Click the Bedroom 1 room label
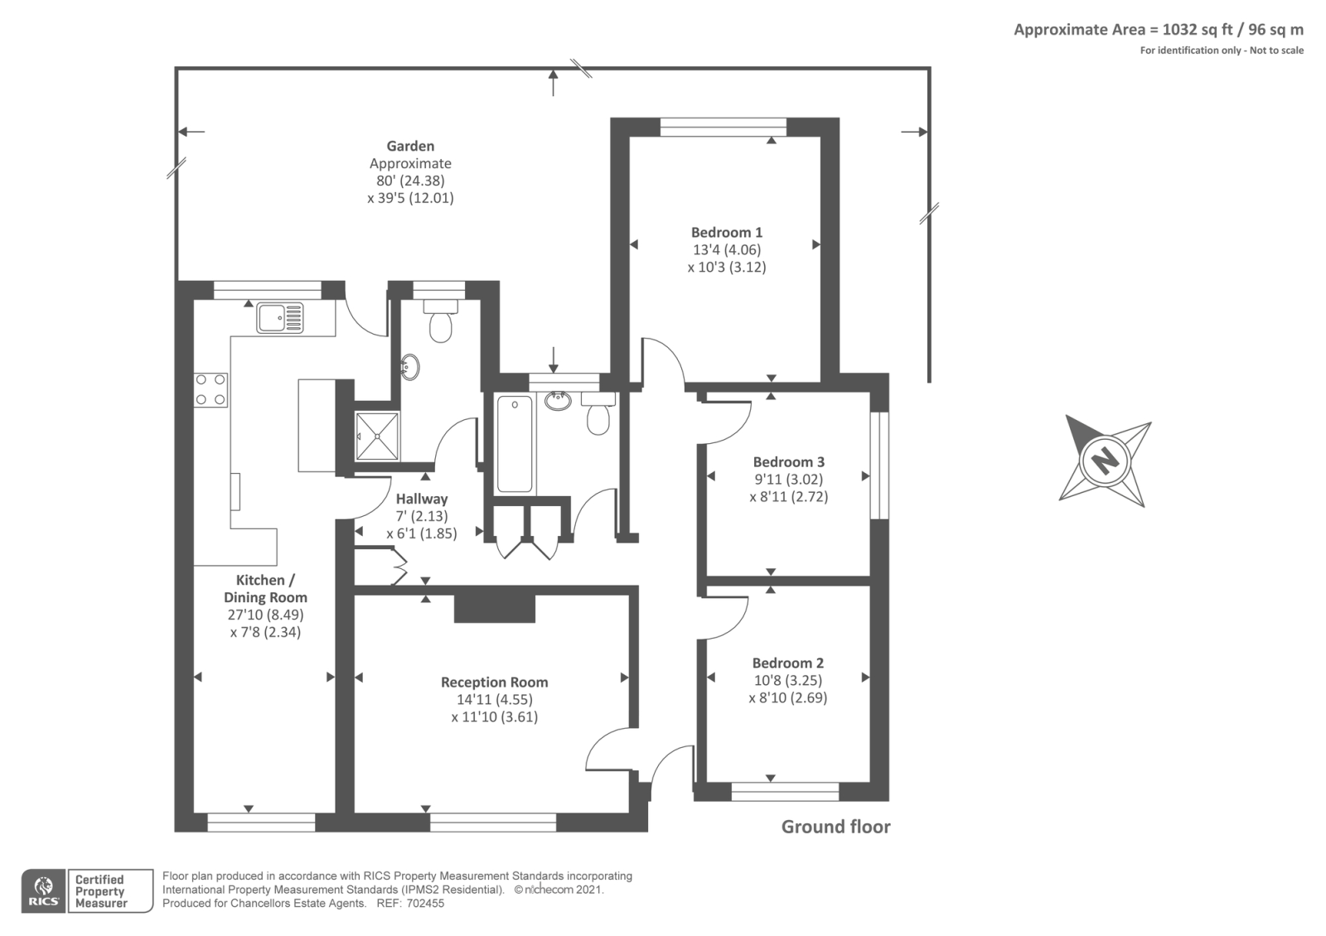[x=727, y=233]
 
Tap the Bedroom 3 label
[x=788, y=462]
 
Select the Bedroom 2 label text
[x=787, y=663]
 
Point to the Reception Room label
[x=494, y=683]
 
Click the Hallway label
[x=421, y=499]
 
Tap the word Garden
[x=410, y=147]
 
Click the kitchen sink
[x=279, y=316]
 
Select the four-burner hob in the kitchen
[x=211, y=389]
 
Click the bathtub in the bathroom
[x=515, y=444]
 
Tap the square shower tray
[x=377, y=436]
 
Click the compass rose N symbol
[x=1105, y=460]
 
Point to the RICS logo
[x=44, y=891]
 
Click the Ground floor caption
[x=835, y=827]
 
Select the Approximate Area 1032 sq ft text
[x=1158, y=30]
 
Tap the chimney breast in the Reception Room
[x=494, y=608]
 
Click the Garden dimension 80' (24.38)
[x=410, y=181]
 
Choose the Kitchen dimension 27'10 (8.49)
[x=265, y=615]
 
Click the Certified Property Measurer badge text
[x=100, y=891]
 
